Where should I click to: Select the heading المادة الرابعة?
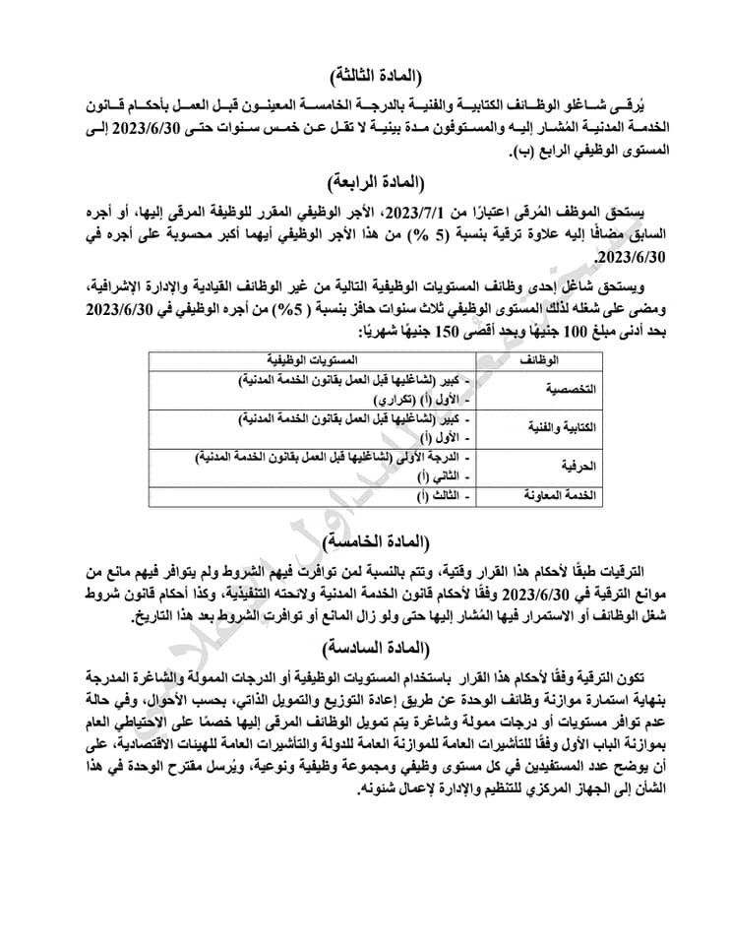(370, 180)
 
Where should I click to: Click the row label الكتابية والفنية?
(558, 428)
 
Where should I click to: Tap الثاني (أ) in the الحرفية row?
(442, 475)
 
